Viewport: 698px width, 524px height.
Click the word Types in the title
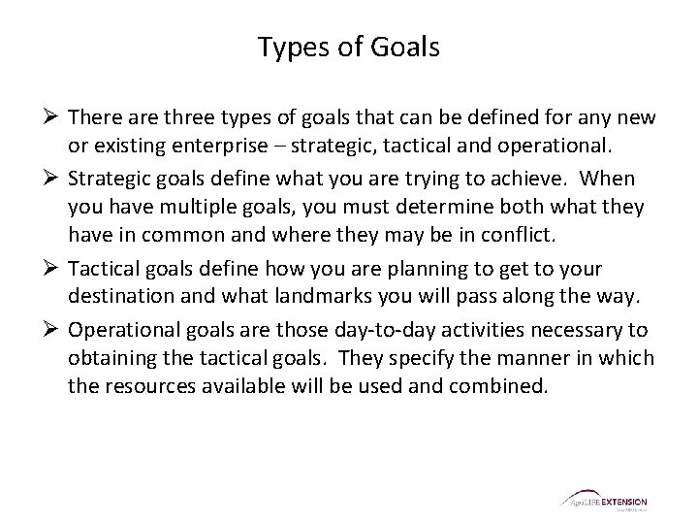pyautogui.click(x=289, y=47)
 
